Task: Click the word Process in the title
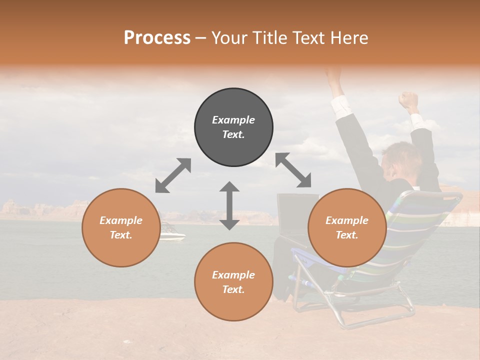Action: (x=157, y=38)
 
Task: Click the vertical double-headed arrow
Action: (x=229, y=205)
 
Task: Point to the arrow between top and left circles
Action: (x=173, y=175)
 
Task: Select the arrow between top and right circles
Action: (x=293, y=170)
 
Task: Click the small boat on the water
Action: (x=172, y=233)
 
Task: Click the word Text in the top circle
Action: (x=233, y=134)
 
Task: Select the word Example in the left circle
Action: (x=121, y=220)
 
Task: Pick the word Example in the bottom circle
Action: (x=233, y=275)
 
